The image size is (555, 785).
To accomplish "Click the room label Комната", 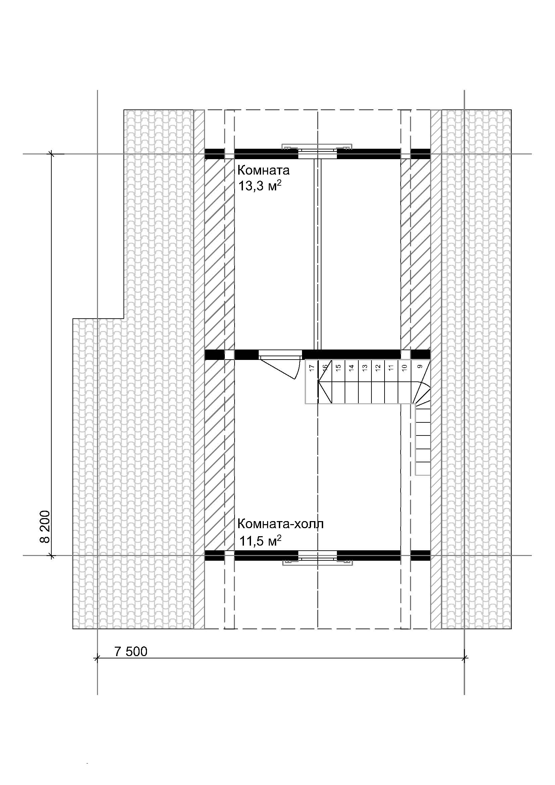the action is click(x=263, y=170).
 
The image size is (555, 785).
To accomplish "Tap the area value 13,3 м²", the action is click(x=260, y=186).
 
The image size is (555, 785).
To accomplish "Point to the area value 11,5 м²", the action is click(x=260, y=542).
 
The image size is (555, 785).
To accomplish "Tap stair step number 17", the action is click(x=311, y=368).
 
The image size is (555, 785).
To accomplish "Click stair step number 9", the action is click(x=420, y=367).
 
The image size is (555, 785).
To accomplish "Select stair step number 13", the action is click(x=364, y=368).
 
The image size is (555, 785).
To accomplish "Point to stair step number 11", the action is click(x=391, y=368).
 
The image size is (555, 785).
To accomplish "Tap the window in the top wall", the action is click(x=317, y=151).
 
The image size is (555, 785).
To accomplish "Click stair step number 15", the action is click(x=338, y=368).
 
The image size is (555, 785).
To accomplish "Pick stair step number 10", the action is click(x=404, y=368).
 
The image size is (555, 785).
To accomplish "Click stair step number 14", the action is click(x=351, y=368).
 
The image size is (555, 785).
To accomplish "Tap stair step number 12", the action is click(x=377, y=368).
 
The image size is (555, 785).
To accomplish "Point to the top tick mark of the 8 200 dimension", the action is click(x=52, y=154).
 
